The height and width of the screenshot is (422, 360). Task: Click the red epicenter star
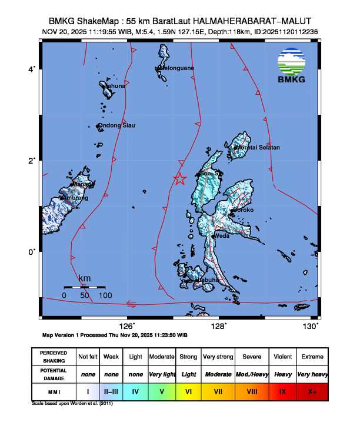pyautogui.click(x=181, y=179)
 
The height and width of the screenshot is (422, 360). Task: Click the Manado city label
pyautogui.click(x=82, y=184)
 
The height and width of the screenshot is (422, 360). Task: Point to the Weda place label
pyautogui.click(x=222, y=235)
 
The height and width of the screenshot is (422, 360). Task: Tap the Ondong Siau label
pyautogui.click(x=116, y=125)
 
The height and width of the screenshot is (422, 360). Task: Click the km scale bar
pyautogui.click(x=84, y=287)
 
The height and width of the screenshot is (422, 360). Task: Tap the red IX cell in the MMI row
pyautogui.click(x=282, y=391)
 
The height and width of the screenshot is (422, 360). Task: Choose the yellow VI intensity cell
pyautogui.click(x=188, y=391)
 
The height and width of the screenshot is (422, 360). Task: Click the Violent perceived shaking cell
pyautogui.click(x=282, y=357)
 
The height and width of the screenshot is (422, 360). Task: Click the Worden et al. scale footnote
pyautogui.click(x=74, y=404)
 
